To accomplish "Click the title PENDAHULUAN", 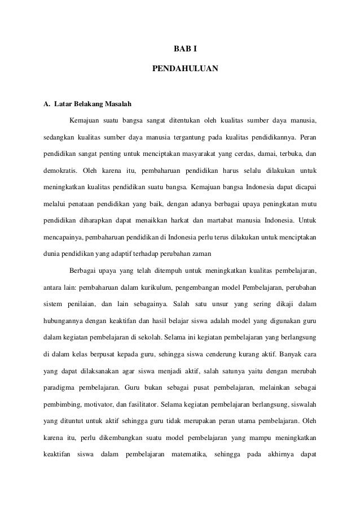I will (x=181, y=71).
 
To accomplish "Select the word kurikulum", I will (x=164, y=289).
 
